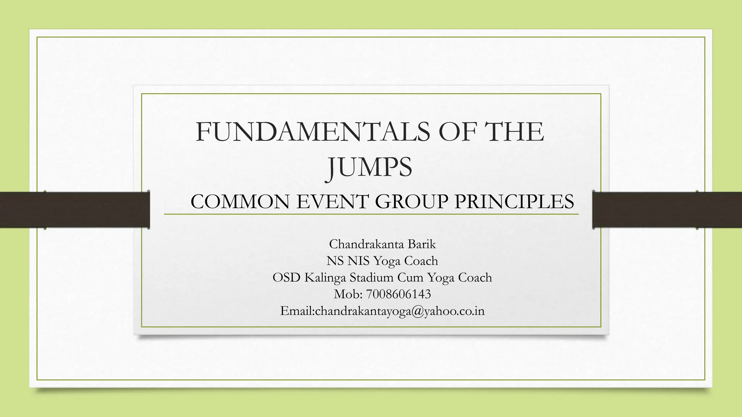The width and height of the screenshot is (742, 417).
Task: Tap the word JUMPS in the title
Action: [x=370, y=167]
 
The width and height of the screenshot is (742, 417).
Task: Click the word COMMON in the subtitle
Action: [x=240, y=202]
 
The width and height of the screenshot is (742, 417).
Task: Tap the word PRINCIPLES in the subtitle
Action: [x=514, y=202]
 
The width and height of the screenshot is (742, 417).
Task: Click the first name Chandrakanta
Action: [x=366, y=244]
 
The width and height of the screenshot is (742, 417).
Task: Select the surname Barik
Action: [x=422, y=244]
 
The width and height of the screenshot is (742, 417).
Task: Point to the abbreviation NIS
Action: [x=359, y=261]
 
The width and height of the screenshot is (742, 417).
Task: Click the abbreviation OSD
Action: [x=286, y=278]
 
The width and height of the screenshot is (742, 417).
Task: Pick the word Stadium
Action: [x=371, y=278]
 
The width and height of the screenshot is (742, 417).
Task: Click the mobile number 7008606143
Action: [x=399, y=294]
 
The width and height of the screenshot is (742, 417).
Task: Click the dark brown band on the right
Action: [x=667, y=210]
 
